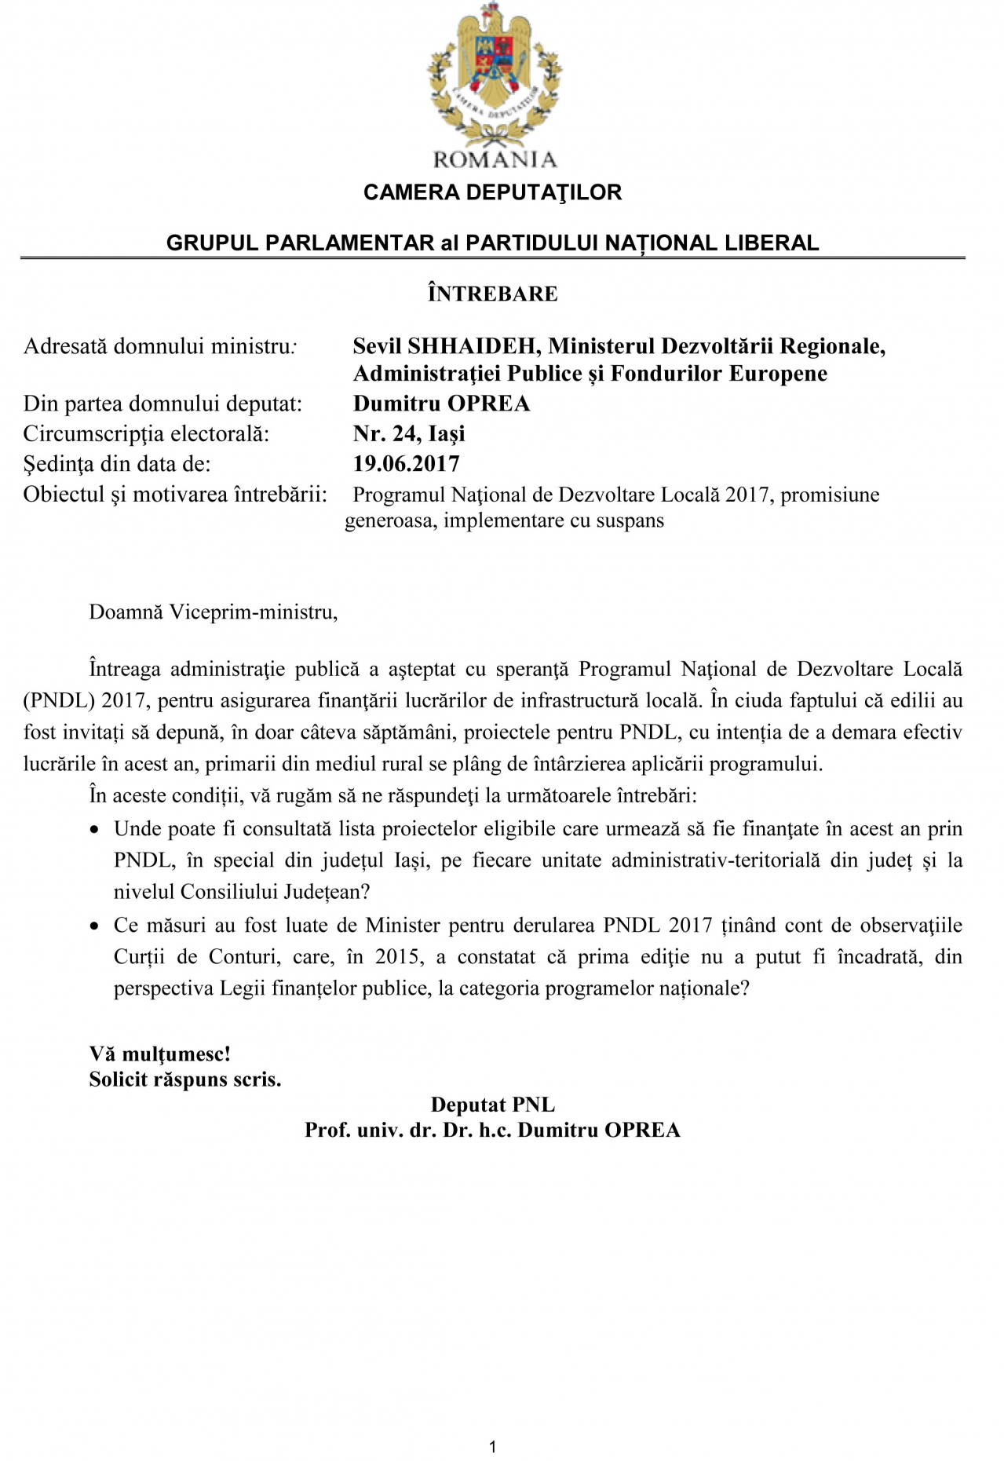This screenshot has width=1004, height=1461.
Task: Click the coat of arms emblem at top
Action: pyautogui.click(x=494, y=75)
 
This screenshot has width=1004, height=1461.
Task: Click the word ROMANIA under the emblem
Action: pyautogui.click(x=495, y=159)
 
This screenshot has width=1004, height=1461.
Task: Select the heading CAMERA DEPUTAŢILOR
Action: pyautogui.click(x=492, y=192)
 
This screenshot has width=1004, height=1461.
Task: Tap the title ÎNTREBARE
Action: pyautogui.click(x=493, y=294)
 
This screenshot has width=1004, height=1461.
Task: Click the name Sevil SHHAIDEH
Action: pyautogui.click(x=444, y=345)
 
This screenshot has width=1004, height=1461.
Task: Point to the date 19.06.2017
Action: pyautogui.click(x=406, y=463)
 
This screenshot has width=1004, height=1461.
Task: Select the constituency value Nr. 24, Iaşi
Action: pyautogui.click(x=409, y=433)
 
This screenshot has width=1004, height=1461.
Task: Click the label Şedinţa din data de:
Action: pyautogui.click(x=117, y=464)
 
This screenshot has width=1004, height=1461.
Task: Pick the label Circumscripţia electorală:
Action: pyautogui.click(x=146, y=433)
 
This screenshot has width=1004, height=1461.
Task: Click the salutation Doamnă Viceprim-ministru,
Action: pyautogui.click(x=214, y=612)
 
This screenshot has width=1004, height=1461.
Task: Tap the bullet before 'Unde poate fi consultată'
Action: pyautogui.click(x=95, y=830)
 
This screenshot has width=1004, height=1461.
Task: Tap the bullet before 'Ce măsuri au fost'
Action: pyautogui.click(x=95, y=926)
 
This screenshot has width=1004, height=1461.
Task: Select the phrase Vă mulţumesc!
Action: pyautogui.click(x=159, y=1053)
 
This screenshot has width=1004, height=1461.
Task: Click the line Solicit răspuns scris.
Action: pyautogui.click(x=184, y=1079)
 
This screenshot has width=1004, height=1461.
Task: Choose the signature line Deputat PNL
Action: pyautogui.click(x=492, y=1105)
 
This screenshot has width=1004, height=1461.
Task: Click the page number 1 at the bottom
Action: pyautogui.click(x=492, y=1447)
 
